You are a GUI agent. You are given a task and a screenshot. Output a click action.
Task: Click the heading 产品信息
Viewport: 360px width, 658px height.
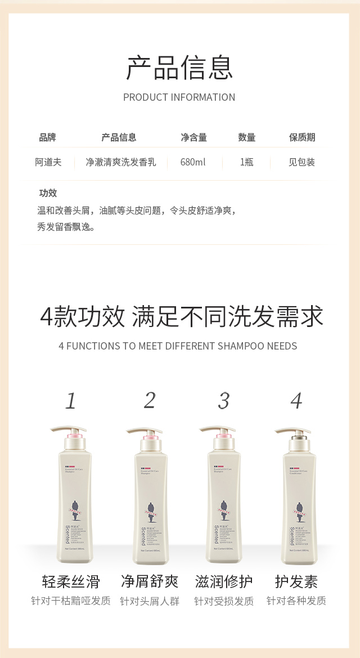pyautogui.click(x=179, y=68)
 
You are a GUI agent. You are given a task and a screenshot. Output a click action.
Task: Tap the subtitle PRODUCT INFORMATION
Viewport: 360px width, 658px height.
pyautogui.click(x=179, y=97)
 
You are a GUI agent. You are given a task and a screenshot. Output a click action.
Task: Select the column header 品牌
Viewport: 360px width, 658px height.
pyautogui.click(x=48, y=137)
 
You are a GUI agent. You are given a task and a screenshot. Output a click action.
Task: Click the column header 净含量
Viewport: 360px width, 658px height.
pyautogui.click(x=193, y=137)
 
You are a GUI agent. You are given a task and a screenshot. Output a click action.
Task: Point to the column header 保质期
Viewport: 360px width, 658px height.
pyautogui.click(x=302, y=137)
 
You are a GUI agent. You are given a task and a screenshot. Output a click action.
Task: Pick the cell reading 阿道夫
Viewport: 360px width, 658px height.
pyautogui.click(x=48, y=162)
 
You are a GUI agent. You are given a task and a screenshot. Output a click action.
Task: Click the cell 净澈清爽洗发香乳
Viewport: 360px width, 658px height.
pyautogui.click(x=120, y=162)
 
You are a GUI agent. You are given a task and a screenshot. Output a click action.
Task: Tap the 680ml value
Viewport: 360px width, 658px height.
pyautogui.click(x=193, y=162)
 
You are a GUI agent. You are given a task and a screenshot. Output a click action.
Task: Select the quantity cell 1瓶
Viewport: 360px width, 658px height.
pyautogui.click(x=246, y=162)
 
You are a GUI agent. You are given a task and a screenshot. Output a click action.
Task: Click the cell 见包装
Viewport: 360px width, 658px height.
pyautogui.click(x=302, y=162)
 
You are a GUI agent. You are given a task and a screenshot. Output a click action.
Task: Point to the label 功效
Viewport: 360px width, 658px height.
pyautogui.click(x=48, y=193)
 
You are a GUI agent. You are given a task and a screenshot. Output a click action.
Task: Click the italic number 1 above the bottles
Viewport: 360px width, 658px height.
pyautogui.click(x=70, y=401)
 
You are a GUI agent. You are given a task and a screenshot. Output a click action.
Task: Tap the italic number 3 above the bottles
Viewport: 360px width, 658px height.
pyautogui.click(x=223, y=401)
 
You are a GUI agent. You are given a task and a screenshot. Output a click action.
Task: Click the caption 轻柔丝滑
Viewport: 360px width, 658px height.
pyautogui.click(x=70, y=581)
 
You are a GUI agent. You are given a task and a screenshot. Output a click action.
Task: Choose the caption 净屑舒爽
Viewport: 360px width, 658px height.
pyautogui.click(x=149, y=581)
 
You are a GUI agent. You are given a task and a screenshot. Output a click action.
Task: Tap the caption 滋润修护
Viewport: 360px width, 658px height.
pyautogui.click(x=223, y=581)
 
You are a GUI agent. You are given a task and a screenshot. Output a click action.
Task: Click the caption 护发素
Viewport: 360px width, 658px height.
pyautogui.click(x=296, y=581)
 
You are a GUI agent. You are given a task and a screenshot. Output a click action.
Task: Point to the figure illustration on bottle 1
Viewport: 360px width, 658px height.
pyautogui.click(x=73, y=509)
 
